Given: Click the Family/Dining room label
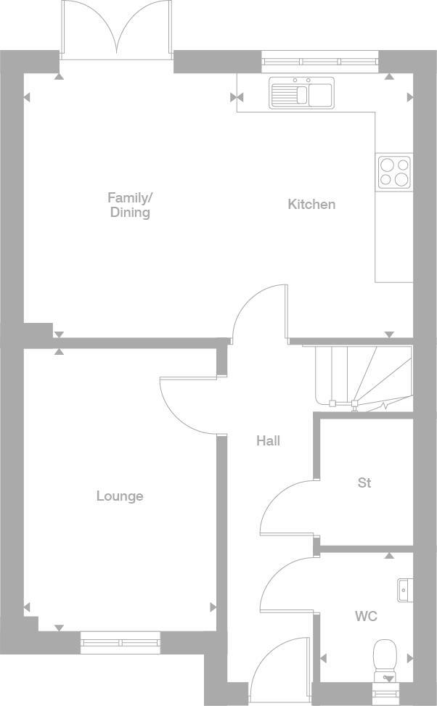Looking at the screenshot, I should [x=130, y=205].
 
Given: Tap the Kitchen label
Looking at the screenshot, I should [x=311, y=205].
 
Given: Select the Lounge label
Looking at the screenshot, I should [x=120, y=496].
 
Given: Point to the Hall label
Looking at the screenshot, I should [x=268, y=440].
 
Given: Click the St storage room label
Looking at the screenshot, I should [x=364, y=483].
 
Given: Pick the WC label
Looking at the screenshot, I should [x=366, y=617].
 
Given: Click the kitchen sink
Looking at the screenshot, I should [x=301, y=93].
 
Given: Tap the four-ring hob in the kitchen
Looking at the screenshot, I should [x=394, y=173].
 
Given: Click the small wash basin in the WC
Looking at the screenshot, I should [x=405, y=590].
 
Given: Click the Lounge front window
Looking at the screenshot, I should [x=120, y=642].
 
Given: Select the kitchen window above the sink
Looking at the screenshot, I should [x=319, y=61].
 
